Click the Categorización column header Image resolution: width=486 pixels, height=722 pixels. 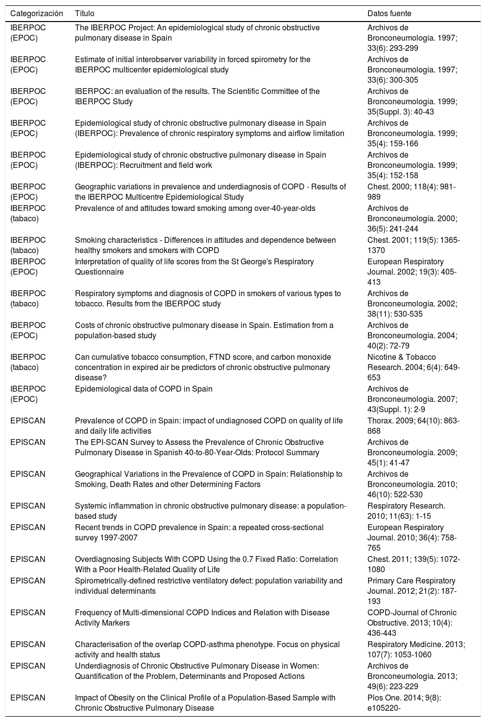pos(37,14)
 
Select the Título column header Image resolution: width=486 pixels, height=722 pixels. pos(85,14)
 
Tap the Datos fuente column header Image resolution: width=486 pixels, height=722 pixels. pos(389,14)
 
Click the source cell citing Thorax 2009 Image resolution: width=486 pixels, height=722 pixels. pos(413,426)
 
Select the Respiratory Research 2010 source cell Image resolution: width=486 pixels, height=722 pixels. pos(406,511)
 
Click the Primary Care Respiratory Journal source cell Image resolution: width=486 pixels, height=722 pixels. pos(411,591)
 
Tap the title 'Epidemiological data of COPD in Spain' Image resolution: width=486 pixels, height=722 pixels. pos(144,389)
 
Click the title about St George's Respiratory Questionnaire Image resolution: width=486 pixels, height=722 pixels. pos(194,267)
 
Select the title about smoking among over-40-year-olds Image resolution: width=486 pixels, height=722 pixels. pos(195,209)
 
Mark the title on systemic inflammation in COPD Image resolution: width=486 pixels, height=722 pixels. pos(210,511)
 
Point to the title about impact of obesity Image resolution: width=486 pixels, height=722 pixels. pos(205,703)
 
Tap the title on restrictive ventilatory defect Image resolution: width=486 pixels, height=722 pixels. pos(208,586)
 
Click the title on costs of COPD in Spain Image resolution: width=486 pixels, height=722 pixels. pos(204,330)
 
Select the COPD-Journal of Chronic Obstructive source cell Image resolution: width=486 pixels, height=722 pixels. pos(412,623)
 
